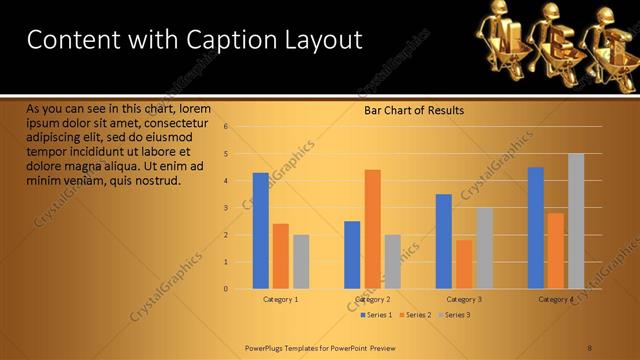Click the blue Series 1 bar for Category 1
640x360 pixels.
click(261, 230)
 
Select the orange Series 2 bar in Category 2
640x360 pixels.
click(372, 229)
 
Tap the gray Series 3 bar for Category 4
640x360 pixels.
click(576, 221)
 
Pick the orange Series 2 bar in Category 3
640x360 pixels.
click(464, 264)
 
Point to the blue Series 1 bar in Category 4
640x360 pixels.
click(536, 228)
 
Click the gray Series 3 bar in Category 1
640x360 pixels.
click(301, 261)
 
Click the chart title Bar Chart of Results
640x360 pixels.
click(413, 110)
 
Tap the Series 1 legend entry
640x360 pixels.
click(375, 315)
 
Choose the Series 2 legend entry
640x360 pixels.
click(415, 315)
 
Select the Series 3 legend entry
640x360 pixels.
click(454, 315)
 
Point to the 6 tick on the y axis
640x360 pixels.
click(227, 127)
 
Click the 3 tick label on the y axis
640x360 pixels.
click(227, 208)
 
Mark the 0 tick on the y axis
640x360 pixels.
click(227, 289)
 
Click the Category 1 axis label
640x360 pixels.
click(281, 299)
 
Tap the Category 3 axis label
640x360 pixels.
click(464, 299)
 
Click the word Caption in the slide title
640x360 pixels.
click(217, 40)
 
